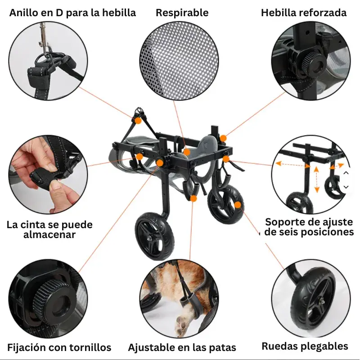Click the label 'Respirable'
pyautogui.click(x=182, y=13)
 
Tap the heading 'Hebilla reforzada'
pyautogui.click(x=304, y=13)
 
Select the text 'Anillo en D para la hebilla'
pyautogui.click(x=72, y=13)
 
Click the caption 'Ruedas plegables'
pyautogui.click(x=305, y=346)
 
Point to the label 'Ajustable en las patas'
pyautogui.click(x=182, y=347)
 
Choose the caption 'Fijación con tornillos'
pyautogui.click(x=59, y=347)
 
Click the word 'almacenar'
pyautogui.click(x=49, y=234)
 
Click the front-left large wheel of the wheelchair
pyautogui.click(x=154, y=237)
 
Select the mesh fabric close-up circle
pyautogui.click(x=179, y=61)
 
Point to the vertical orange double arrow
pyautogui.click(x=316, y=180)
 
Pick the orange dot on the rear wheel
pyautogui.click(x=238, y=205)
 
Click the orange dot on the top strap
pyautogui.click(x=138, y=121)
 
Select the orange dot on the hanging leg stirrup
pyautogui.click(x=193, y=198)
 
